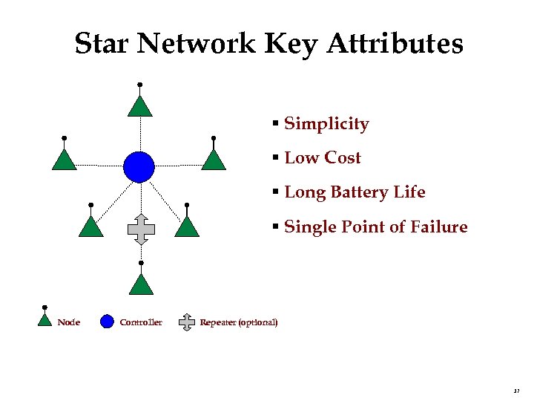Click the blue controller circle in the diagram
tap(139, 166)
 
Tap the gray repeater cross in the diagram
tap(140, 229)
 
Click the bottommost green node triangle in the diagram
tap(141, 285)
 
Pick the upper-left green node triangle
tap(65, 160)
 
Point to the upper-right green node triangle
tap(214, 160)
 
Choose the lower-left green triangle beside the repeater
tap(90, 226)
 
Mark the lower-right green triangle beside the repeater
tap(187, 226)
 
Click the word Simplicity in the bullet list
tap(326, 124)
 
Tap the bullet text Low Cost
tap(323, 158)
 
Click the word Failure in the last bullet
tap(441, 227)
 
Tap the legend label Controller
tap(140, 322)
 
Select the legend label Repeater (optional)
tap(239, 322)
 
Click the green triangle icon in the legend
tap(45, 320)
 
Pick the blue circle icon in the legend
tap(107, 322)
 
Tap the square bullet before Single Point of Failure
tap(275, 227)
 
